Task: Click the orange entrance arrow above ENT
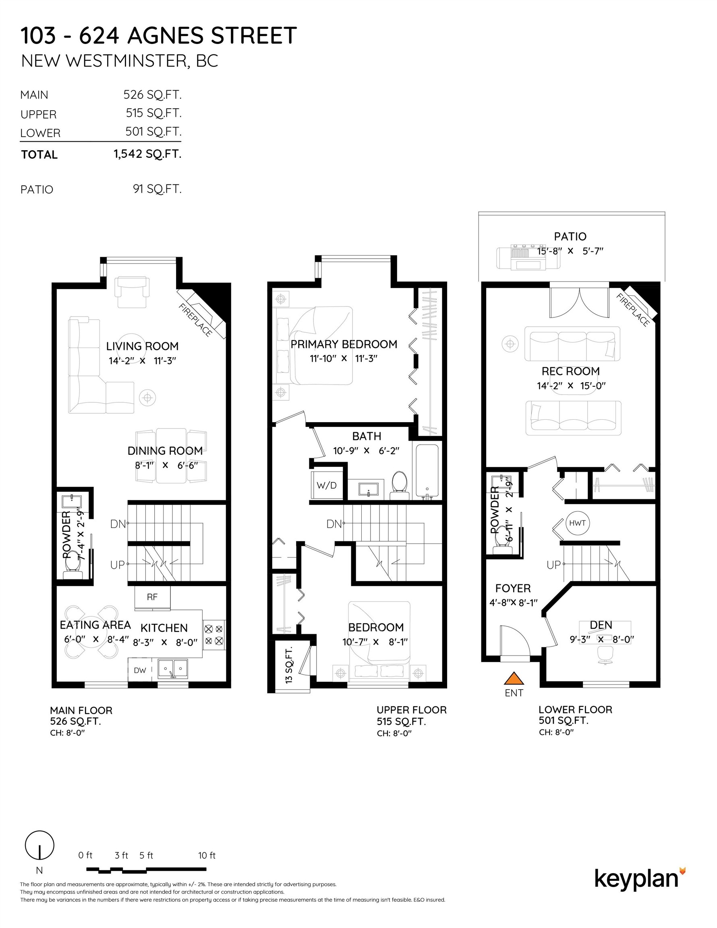(x=514, y=678)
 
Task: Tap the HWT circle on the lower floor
(x=577, y=523)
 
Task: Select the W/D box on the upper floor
(x=326, y=485)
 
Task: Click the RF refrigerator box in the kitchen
(x=152, y=597)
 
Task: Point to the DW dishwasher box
(x=140, y=670)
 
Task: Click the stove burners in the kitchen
(x=214, y=635)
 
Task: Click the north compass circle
(x=39, y=845)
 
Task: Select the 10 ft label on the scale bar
(x=207, y=855)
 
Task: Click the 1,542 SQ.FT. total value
(x=147, y=154)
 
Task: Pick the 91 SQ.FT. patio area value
(x=157, y=188)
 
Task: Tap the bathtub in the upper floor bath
(x=427, y=472)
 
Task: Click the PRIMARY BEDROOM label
(x=344, y=344)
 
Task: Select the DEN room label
(x=601, y=625)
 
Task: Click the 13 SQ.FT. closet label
(x=289, y=665)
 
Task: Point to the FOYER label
(x=512, y=588)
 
